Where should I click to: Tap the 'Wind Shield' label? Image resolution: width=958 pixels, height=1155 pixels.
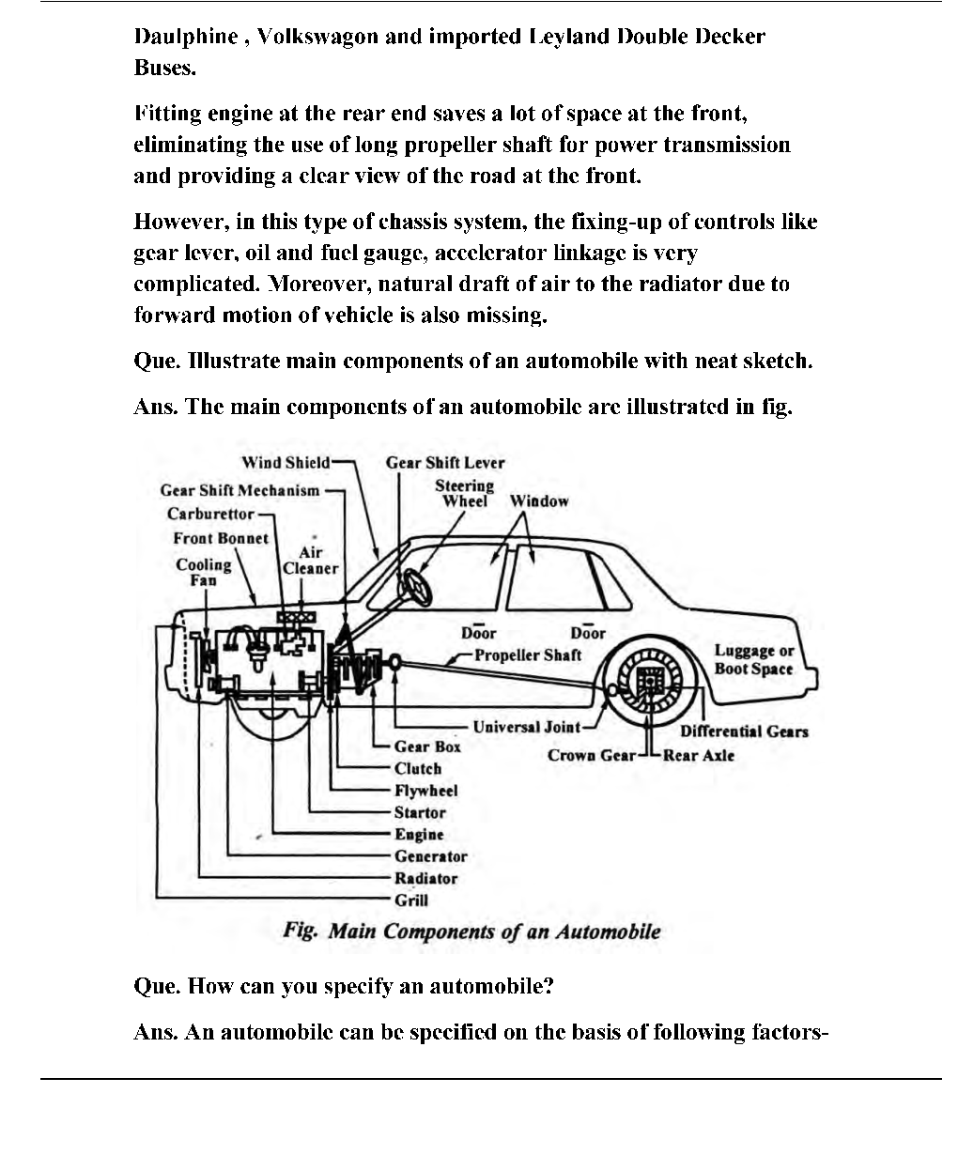(286, 462)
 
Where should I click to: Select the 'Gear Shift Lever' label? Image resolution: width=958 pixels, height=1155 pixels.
(445, 462)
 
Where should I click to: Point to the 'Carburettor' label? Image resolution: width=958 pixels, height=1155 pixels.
(210, 514)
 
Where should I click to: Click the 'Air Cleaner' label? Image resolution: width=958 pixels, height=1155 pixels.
(310, 561)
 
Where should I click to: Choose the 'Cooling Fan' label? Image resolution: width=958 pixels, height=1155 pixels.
(204, 572)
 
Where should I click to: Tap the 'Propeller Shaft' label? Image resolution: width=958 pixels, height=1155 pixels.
(528, 655)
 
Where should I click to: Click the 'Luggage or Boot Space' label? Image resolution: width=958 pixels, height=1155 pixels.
(753, 660)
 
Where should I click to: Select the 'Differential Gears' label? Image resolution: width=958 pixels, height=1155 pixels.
(744, 731)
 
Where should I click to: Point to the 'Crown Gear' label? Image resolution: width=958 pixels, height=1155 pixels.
(592, 755)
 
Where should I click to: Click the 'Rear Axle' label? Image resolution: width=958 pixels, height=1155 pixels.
(699, 755)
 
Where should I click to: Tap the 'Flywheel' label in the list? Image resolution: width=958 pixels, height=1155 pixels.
(425, 791)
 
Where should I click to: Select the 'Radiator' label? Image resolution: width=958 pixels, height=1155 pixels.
(425, 879)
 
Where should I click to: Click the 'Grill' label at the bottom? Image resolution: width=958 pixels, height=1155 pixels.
(410, 901)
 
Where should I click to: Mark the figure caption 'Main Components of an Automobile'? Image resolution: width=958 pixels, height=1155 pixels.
(471, 932)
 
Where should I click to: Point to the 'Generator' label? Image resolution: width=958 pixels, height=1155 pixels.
(430, 856)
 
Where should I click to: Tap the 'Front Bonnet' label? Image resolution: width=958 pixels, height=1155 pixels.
(221, 538)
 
